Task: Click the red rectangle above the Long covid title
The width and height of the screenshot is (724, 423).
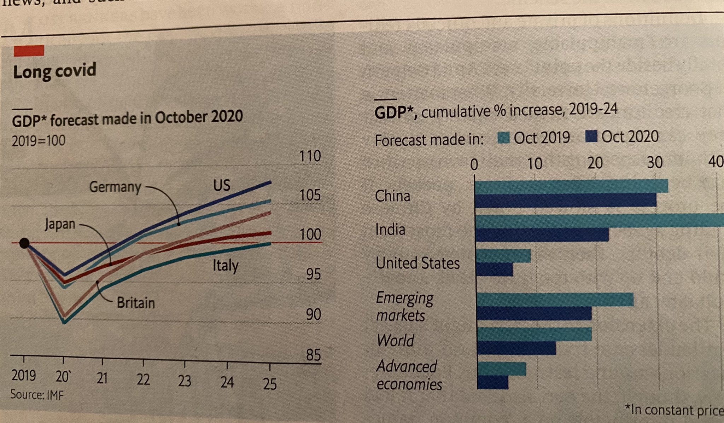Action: coord(29,51)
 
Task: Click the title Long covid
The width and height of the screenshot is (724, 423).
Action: coord(54,71)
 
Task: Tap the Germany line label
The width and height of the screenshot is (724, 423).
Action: coord(115,187)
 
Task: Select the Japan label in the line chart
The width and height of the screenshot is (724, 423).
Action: coord(60,224)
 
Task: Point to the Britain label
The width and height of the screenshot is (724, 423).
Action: coord(136,303)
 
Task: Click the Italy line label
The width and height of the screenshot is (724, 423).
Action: coord(226,266)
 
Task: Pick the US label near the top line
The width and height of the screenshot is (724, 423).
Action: coord(222,185)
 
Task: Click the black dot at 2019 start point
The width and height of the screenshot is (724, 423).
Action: coord(24,243)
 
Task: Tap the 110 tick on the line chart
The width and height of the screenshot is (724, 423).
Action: coord(310,156)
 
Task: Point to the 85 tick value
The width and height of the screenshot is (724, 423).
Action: coord(313,355)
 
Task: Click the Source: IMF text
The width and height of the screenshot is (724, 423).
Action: coord(37,394)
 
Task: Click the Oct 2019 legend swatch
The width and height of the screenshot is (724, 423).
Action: coord(503,138)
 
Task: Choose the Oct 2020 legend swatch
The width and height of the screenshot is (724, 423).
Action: coord(591,136)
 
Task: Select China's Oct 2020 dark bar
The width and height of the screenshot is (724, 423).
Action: coord(566,200)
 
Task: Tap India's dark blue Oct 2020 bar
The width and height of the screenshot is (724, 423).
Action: coord(542,234)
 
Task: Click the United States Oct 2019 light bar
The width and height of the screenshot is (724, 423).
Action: coord(503,256)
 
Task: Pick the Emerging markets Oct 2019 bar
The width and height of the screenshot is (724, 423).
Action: coord(555,299)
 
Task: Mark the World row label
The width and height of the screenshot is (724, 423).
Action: coord(395,341)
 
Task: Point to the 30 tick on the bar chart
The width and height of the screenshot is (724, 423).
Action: coord(655,163)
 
